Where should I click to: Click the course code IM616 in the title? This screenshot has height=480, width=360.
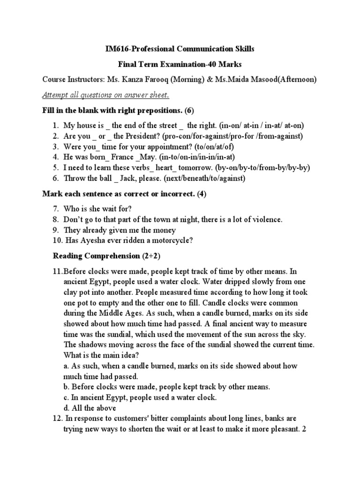click(115, 49)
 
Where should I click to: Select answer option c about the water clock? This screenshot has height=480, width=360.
click(139, 397)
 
